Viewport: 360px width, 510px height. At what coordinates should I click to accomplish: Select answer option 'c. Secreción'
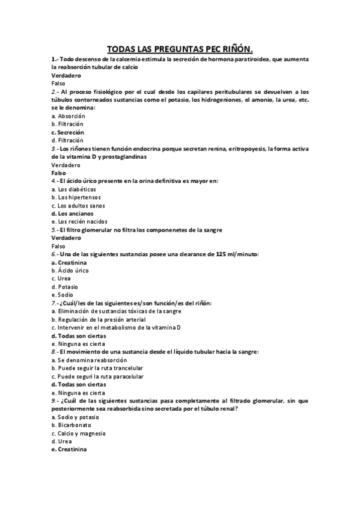(x=68, y=132)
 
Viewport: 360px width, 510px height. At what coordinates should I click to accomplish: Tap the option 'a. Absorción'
(x=69, y=115)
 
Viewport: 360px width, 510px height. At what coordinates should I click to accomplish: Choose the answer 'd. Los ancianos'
(x=72, y=213)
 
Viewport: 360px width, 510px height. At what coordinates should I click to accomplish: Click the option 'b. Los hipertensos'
(x=76, y=197)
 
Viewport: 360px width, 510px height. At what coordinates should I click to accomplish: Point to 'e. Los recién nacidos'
(x=79, y=221)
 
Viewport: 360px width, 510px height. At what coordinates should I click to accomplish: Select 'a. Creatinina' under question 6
(x=69, y=262)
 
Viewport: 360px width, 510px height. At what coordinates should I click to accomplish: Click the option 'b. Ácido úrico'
(x=70, y=270)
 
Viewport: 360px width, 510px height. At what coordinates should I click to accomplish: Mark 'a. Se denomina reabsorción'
(x=89, y=360)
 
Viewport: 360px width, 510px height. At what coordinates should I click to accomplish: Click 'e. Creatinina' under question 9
(x=69, y=449)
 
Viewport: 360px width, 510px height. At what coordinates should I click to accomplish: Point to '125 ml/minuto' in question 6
(x=233, y=254)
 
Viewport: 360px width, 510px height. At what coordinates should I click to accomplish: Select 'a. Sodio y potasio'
(x=75, y=417)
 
